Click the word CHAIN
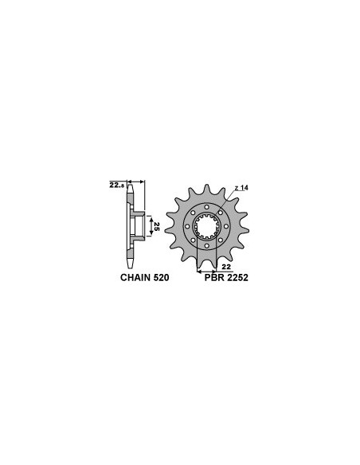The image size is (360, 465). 135,278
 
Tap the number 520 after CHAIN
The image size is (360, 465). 161,278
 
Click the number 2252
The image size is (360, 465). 237,278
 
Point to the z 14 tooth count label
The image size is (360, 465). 241,188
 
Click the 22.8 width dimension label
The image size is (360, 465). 117,186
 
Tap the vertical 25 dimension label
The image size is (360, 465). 157,227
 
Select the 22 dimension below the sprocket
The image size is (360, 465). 226,267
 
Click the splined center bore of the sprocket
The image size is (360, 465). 206,227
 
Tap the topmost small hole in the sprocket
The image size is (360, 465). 206,207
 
